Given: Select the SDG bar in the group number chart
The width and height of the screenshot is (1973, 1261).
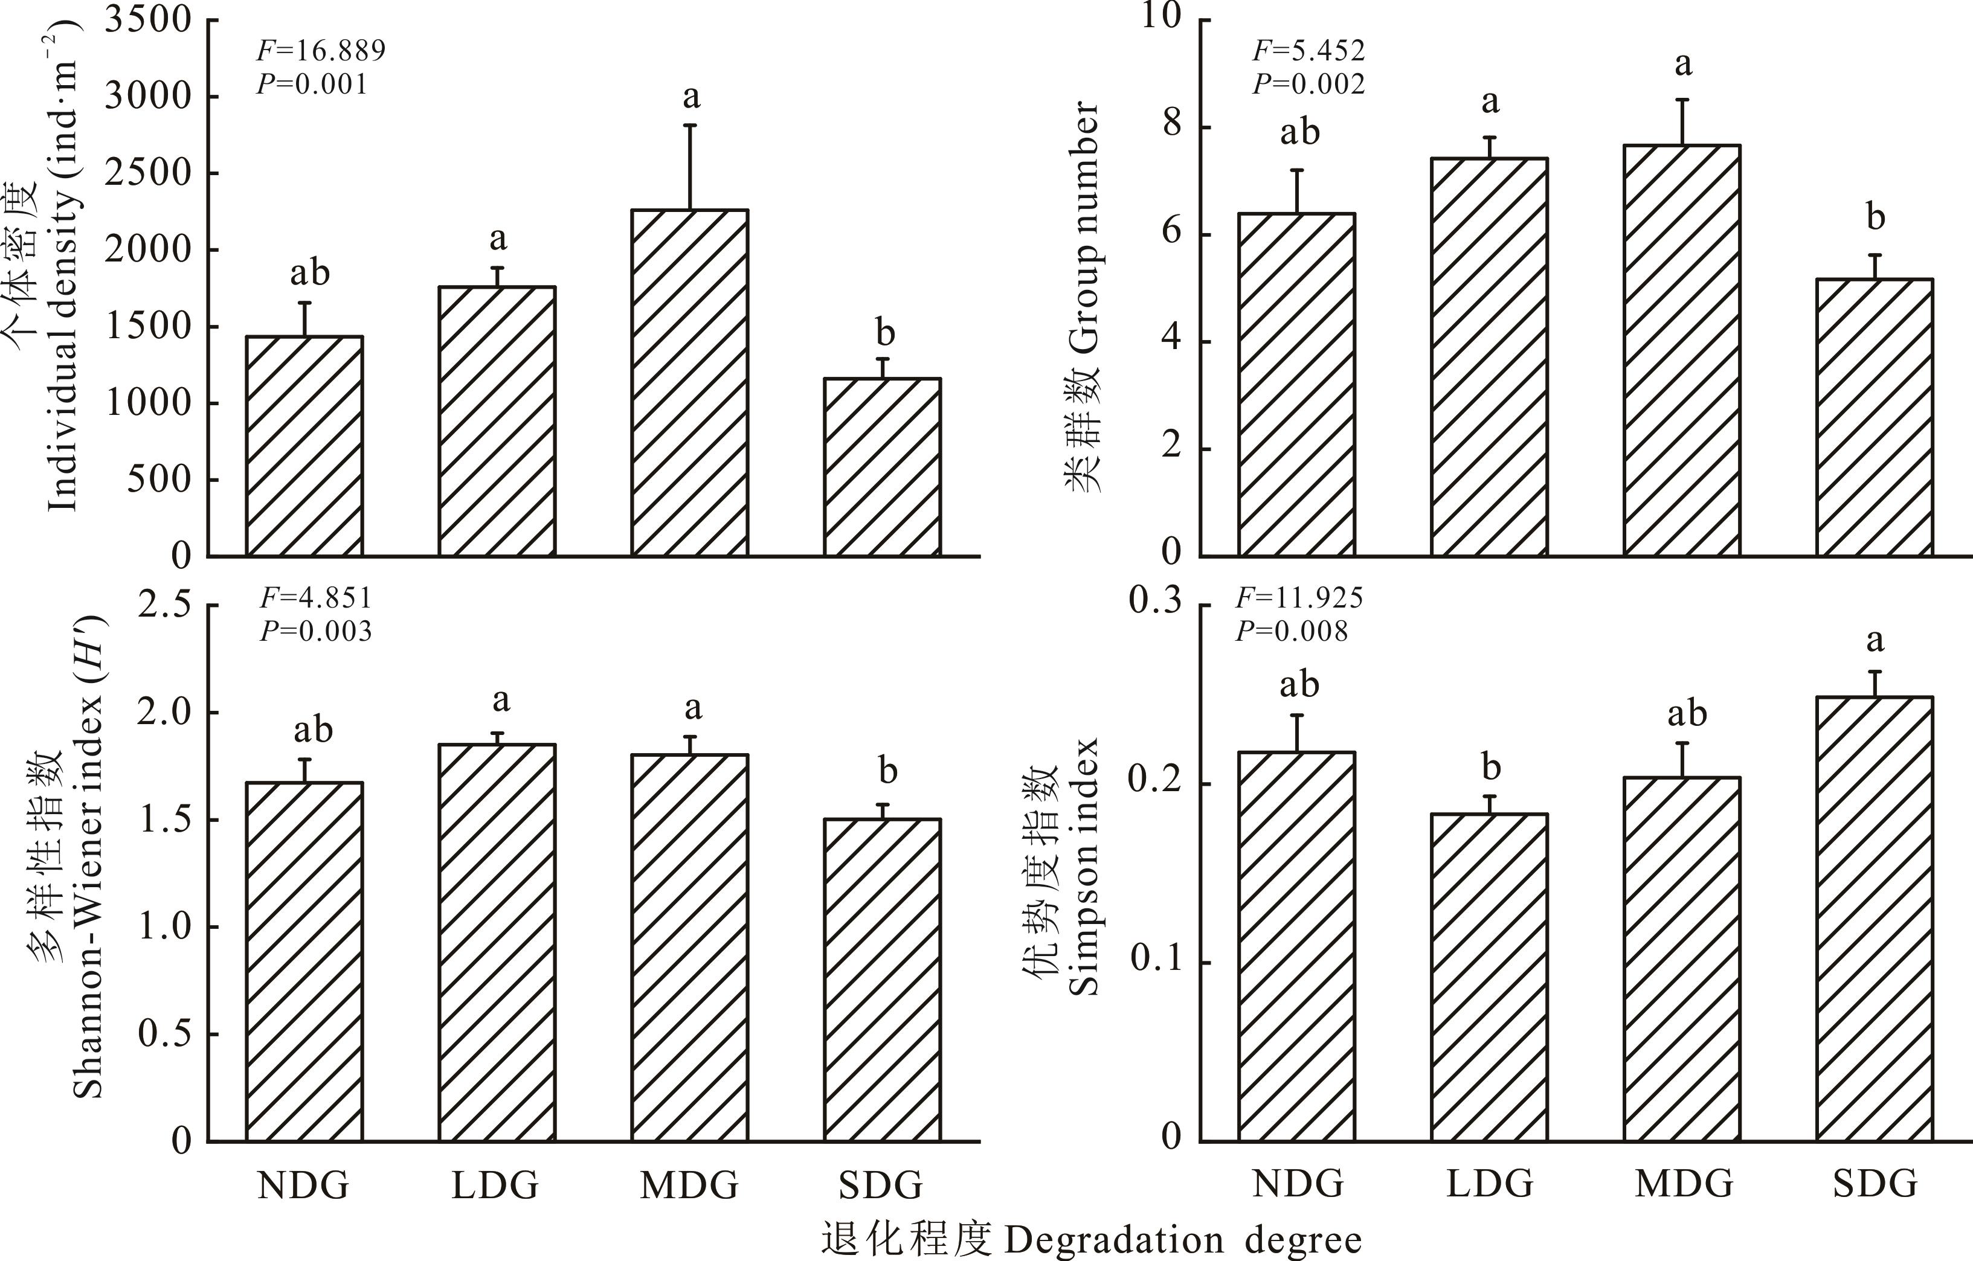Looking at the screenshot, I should (x=1875, y=418).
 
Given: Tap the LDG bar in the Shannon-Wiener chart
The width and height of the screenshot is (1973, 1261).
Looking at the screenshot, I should (x=497, y=942).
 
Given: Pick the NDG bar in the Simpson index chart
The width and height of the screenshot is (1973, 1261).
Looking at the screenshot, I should (x=1296, y=946).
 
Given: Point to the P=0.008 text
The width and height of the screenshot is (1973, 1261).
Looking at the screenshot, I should (x=1292, y=631).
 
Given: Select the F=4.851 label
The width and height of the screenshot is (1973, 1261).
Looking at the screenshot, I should (x=317, y=598).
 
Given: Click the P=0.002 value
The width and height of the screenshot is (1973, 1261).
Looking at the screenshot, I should (x=1309, y=83).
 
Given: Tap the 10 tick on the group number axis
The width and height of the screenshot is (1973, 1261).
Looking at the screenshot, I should (x=1164, y=18).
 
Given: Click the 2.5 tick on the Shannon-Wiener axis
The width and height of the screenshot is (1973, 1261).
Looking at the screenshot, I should (x=164, y=606).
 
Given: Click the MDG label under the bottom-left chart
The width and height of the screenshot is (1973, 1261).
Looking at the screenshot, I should (x=689, y=1185).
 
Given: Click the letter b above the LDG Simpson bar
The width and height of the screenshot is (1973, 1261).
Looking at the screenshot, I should (x=1490, y=768).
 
